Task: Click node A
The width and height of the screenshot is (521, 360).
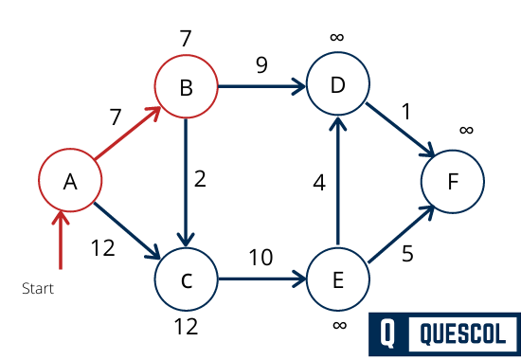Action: click(x=69, y=180)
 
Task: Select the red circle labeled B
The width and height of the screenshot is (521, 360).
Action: click(x=186, y=88)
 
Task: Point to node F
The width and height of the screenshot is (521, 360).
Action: click(x=453, y=180)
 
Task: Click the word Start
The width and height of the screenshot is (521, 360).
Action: click(x=38, y=288)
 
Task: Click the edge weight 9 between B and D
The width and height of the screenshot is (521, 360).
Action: click(x=260, y=66)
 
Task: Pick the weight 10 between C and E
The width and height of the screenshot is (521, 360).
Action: click(x=261, y=257)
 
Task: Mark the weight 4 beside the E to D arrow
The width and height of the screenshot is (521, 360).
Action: click(x=319, y=182)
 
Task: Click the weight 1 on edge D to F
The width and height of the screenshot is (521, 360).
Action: click(x=405, y=111)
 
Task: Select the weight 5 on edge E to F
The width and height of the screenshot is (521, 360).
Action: click(x=407, y=253)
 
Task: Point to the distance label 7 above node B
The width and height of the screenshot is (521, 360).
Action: click(x=186, y=39)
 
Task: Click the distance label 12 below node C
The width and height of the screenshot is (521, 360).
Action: click(x=186, y=327)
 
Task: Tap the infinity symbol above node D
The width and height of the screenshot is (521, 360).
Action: click(x=337, y=37)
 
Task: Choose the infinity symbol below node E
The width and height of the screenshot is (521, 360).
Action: click(x=338, y=326)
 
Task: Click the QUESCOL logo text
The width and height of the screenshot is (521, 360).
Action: click(x=463, y=333)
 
